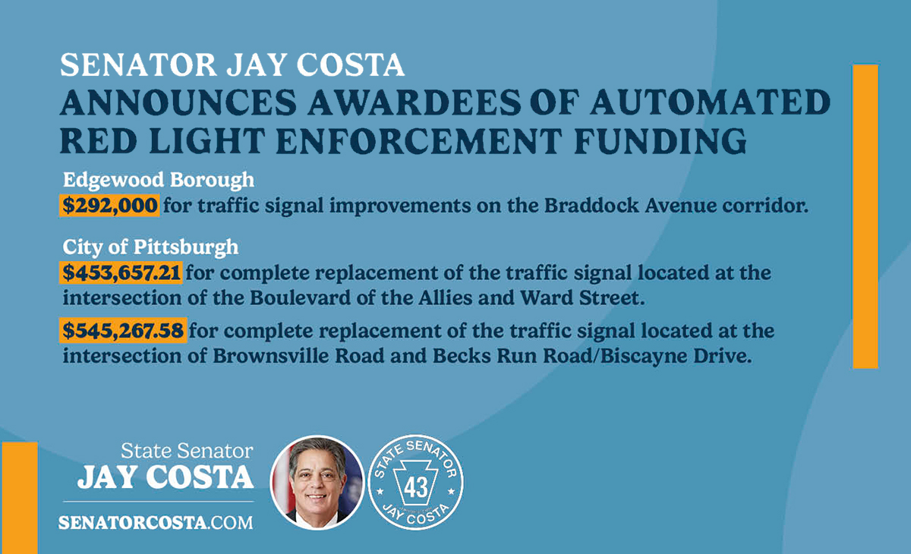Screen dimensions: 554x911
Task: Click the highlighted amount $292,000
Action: (x=109, y=206)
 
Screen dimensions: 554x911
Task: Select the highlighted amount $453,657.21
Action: (x=121, y=272)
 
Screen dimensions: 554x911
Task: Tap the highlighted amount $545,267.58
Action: (x=124, y=332)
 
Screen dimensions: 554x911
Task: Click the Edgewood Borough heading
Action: (x=158, y=181)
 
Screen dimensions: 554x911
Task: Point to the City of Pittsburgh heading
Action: (x=150, y=247)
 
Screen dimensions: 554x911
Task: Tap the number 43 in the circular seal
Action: (x=415, y=485)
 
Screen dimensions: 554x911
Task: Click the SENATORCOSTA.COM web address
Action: (x=156, y=523)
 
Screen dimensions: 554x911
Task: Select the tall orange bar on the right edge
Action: (x=865, y=216)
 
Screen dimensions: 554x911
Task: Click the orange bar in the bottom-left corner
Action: (x=19, y=497)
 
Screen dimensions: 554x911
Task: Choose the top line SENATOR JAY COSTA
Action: (x=232, y=65)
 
